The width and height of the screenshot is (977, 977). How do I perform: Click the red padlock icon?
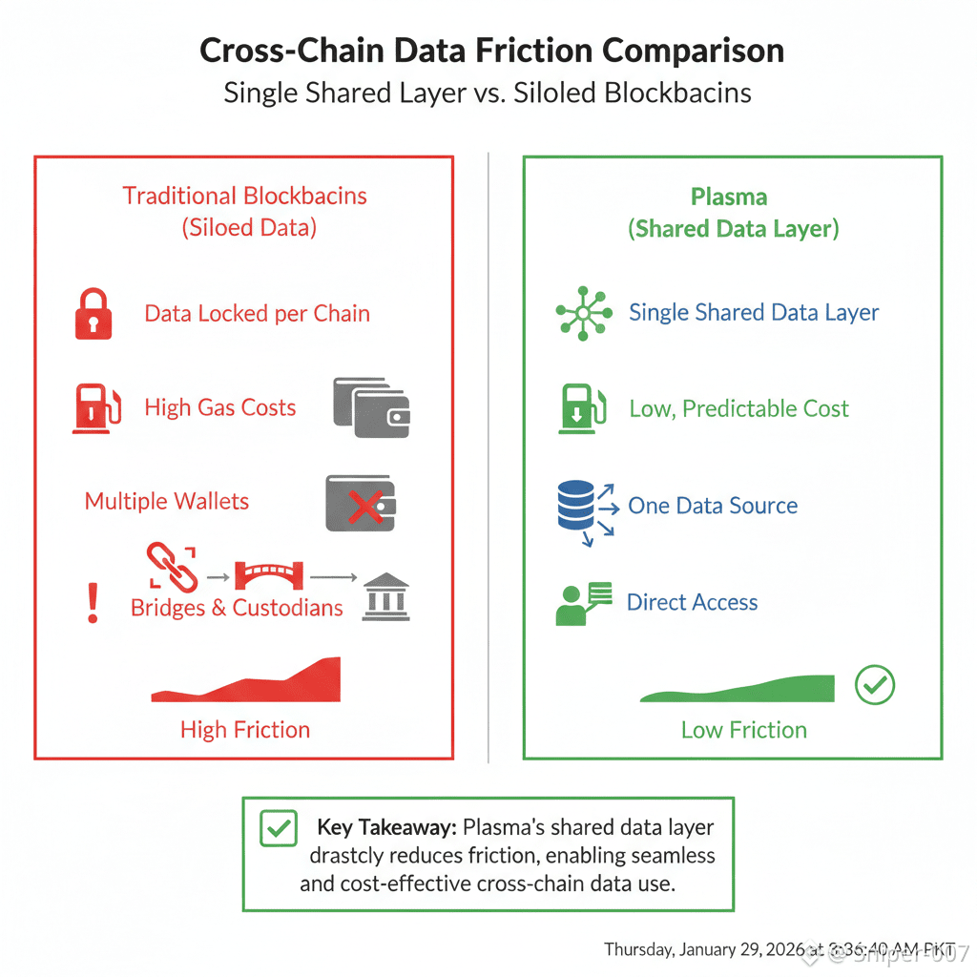coord(93,315)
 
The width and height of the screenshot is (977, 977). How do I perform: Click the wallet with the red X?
coord(361,503)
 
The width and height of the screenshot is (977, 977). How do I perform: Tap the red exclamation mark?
coord(93,603)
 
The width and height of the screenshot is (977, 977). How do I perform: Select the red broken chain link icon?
coord(172,567)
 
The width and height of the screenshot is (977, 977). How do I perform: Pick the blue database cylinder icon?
coord(575,507)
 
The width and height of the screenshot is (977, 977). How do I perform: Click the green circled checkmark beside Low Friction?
coord(875,684)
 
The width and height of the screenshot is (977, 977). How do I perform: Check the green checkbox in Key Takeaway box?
coord(279,828)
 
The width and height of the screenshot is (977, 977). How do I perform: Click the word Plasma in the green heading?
coord(729,197)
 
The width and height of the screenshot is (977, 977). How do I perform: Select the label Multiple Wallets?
coord(167,502)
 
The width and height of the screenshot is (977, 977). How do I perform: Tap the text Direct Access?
coord(692,603)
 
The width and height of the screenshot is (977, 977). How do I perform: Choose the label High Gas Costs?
coord(220,408)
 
